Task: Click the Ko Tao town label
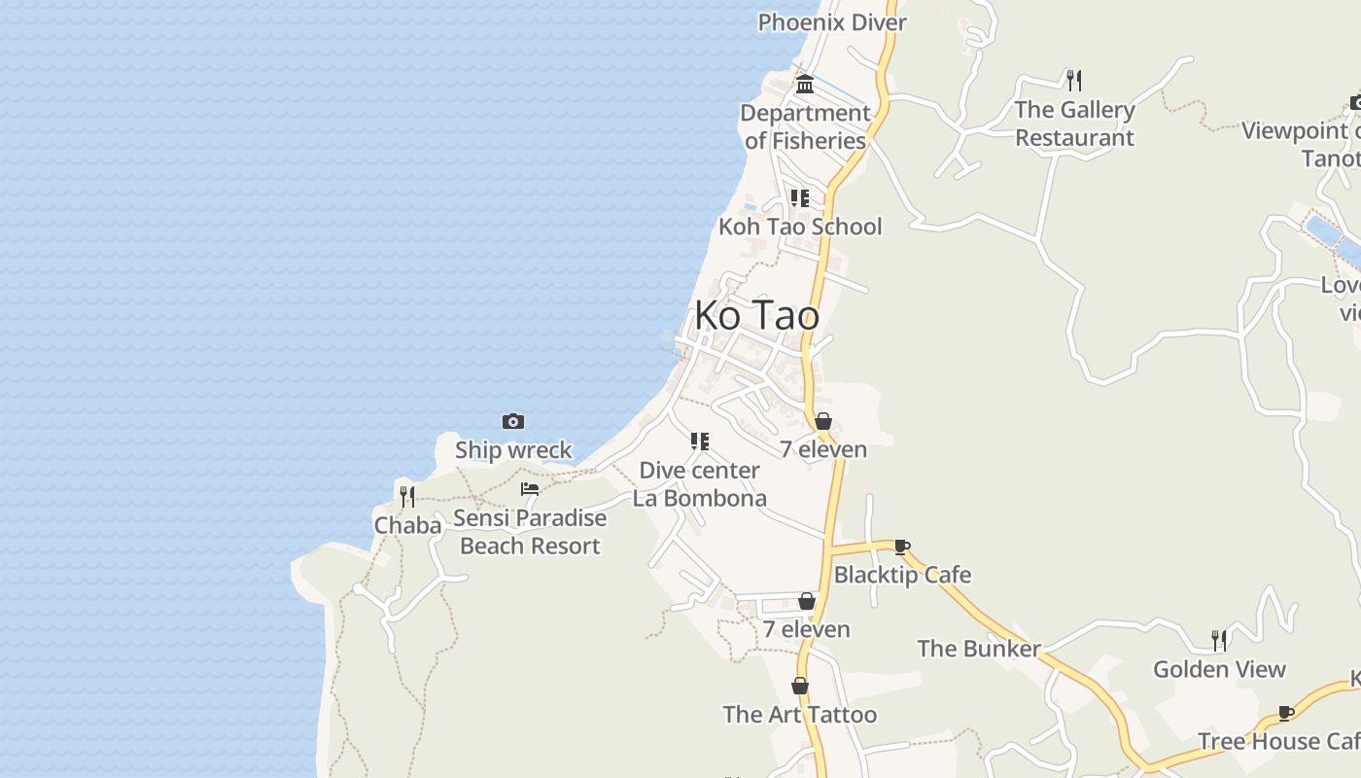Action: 756,316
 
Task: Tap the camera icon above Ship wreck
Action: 513,421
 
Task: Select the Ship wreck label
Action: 513,450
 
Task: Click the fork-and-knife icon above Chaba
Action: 407,497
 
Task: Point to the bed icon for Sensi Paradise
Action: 530,489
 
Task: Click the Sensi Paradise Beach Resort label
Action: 530,532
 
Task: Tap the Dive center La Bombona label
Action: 700,484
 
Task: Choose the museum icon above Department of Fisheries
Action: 805,85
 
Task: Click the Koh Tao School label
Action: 800,227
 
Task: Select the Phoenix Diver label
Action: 832,22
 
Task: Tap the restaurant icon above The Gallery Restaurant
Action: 1074,80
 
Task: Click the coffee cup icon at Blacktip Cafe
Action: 902,547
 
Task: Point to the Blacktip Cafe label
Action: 902,575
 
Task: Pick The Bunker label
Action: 979,649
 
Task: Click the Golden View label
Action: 1219,669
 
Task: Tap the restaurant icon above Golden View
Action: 1219,640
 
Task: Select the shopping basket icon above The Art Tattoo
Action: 800,687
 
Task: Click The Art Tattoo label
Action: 800,715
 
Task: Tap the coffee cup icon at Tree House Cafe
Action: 1286,713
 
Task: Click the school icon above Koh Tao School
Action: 800,198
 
